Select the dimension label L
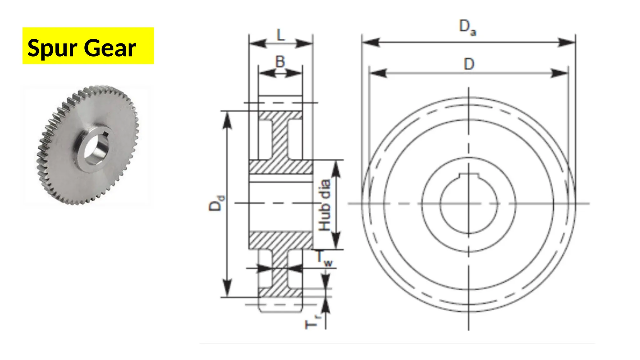pos(281,35)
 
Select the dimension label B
pos(280,62)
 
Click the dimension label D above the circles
pos(469,64)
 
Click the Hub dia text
pos(325,205)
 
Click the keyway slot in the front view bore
pos(468,176)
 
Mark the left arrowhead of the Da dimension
pos(371,42)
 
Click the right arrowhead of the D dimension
pos(559,73)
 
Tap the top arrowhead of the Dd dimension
pos(227,120)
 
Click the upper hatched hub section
pos(280,167)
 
